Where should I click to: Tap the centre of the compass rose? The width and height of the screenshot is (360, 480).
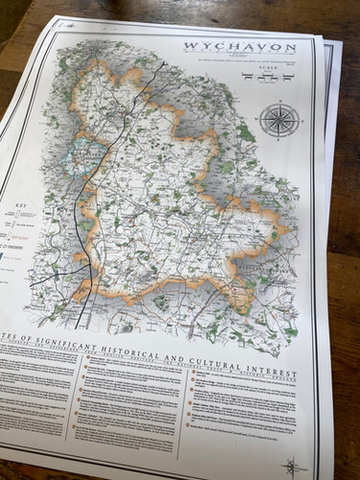tap(279, 121)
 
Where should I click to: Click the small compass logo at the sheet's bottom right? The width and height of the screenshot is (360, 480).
tap(292, 467)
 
